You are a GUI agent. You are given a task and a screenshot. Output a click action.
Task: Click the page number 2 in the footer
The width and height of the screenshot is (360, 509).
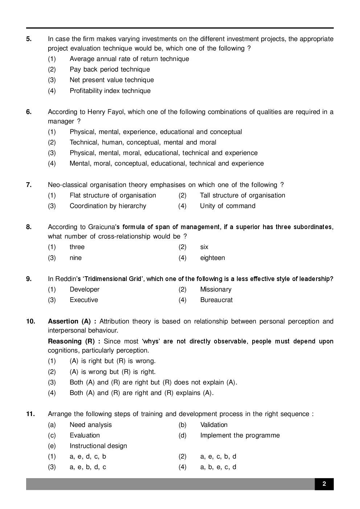pyautogui.click(x=324, y=484)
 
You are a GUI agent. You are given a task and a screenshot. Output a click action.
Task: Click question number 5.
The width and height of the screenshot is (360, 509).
pyautogui.click(x=29, y=39)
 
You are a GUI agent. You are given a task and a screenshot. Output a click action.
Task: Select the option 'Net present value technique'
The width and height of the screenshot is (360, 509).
pyautogui.click(x=111, y=80)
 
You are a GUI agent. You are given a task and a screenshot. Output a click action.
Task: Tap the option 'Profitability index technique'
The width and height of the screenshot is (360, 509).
pyautogui.click(x=110, y=91)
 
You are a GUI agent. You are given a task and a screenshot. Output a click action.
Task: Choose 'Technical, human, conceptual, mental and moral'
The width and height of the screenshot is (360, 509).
pyautogui.click(x=143, y=142)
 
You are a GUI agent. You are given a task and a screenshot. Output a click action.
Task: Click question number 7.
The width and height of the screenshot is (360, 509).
pyautogui.click(x=29, y=185)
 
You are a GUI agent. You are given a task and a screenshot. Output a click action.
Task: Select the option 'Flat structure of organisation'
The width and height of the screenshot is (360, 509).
pyautogui.click(x=112, y=195)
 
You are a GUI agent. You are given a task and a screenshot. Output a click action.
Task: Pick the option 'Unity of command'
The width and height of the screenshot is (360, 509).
pyautogui.click(x=228, y=206)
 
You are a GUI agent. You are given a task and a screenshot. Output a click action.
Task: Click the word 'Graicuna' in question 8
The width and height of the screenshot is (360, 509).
pyautogui.click(x=102, y=227)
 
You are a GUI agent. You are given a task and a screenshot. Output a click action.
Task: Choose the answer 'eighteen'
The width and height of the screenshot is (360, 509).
pyautogui.click(x=212, y=258)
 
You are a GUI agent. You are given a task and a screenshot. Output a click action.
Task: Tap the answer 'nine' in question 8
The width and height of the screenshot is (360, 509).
pyautogui.click(x=75, y=258)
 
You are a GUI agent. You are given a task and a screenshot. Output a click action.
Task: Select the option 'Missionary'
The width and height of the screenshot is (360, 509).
pyautogui.click(x=216, y=289)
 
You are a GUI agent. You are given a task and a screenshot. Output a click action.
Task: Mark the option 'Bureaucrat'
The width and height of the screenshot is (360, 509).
pyautogui.click(x=216, y=300)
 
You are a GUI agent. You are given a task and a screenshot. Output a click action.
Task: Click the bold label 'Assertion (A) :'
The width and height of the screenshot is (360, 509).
pyautogui.click(x=72, y=321)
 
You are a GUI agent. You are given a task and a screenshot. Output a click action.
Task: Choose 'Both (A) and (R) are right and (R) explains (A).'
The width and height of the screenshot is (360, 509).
pyautogui.click(x=142, y=393)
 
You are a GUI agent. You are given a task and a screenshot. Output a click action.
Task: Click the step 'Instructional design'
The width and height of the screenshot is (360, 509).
pyautogui.click(x=98, y=446)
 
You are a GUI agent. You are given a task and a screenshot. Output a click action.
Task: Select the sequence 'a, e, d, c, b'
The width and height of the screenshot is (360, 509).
pyautogui.click(x=88, y=456)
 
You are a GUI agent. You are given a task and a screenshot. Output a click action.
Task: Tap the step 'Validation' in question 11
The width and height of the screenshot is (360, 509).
pyautogui.click(x=214, y=425)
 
